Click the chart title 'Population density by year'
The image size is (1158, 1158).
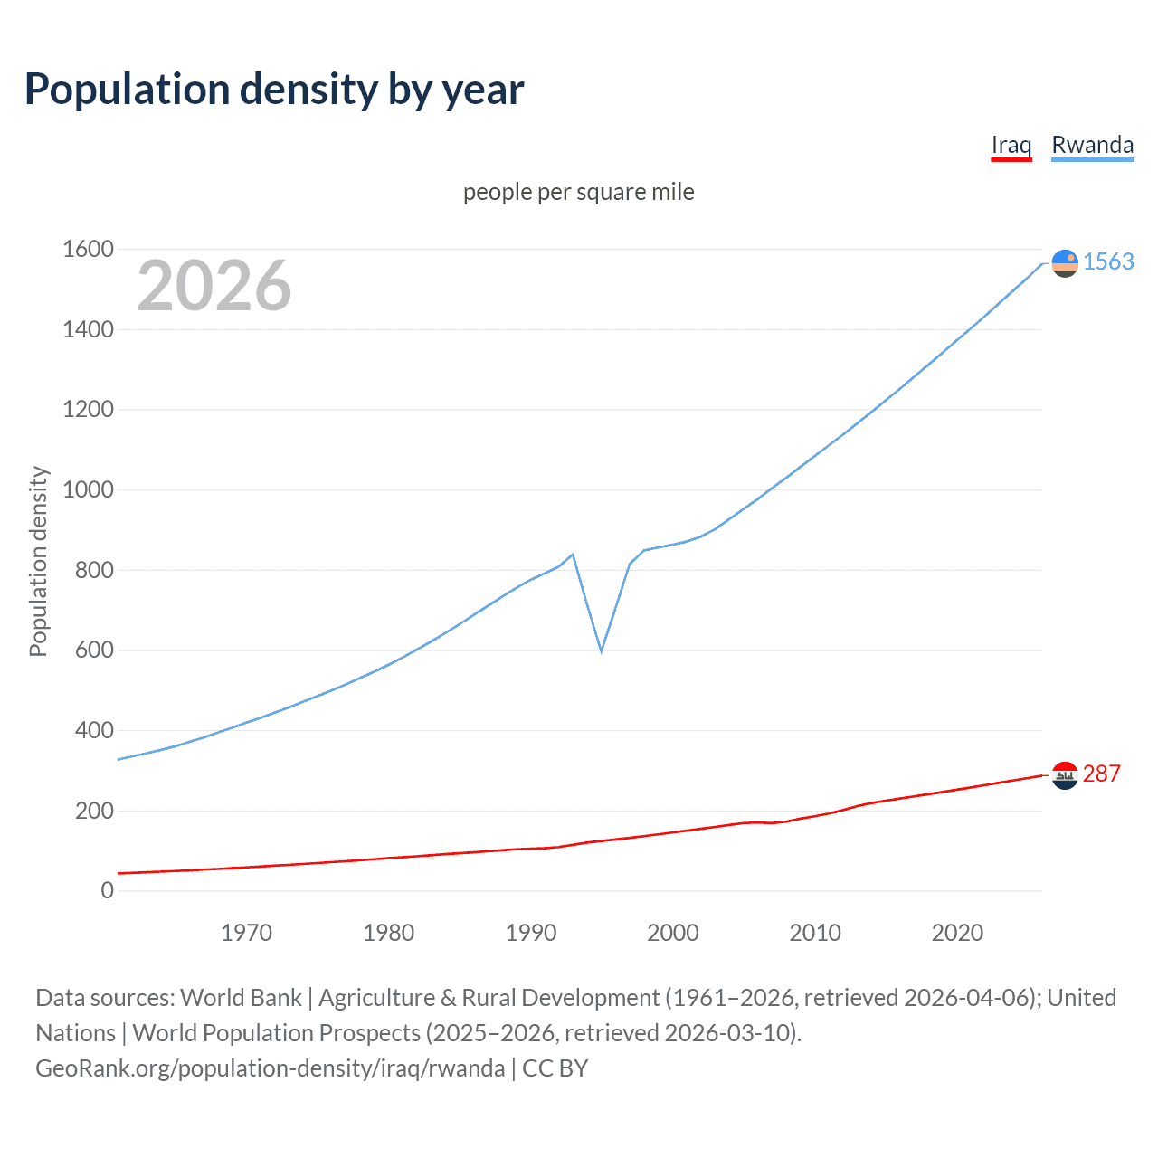(274, 89)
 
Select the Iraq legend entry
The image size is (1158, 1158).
(1011, 145)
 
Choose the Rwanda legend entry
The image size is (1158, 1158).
(1092, 145)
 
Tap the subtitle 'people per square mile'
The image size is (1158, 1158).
(578, 192)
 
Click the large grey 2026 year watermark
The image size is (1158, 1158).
(214, 286)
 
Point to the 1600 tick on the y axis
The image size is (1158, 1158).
(88, 249)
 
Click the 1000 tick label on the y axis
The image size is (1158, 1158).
(88, 489)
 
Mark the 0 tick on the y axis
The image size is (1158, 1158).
(108, 890)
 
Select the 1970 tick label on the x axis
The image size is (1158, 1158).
(246, 933)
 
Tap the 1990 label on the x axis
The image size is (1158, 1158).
(531, 933)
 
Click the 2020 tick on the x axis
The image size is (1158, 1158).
(957, 933)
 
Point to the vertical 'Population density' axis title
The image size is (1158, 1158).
(38, 561)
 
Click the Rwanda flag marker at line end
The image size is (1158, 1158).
(1065, 262)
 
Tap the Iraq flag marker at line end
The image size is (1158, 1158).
(1065, 775)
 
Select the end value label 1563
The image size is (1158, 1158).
(1108, 261)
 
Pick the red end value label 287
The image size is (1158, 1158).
(1102, 774)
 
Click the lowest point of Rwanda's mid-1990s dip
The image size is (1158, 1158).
(601, 650)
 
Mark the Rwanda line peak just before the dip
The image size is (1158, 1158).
(573, 554)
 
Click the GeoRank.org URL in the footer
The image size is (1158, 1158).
(270, 1068)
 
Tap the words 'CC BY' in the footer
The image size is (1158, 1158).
(555, 1068)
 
